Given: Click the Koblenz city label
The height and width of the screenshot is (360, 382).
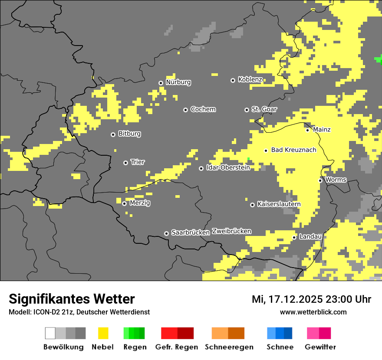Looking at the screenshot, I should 250,80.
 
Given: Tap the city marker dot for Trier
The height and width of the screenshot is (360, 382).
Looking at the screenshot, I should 126,163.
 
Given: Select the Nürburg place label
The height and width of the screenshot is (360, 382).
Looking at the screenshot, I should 178,82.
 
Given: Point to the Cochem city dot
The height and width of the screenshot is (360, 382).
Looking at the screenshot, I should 185,110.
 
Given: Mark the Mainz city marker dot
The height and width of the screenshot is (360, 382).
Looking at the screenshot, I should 307,130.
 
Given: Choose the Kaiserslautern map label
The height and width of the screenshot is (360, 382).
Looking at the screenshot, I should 279,204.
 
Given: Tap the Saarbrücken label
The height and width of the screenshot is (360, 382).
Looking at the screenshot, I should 191,233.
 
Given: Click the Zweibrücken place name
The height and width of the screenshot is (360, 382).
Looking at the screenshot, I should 231,232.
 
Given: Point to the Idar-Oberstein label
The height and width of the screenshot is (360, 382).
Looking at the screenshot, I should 228,168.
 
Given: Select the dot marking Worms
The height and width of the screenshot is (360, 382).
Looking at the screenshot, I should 320,180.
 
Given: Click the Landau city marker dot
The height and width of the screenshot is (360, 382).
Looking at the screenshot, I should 294,237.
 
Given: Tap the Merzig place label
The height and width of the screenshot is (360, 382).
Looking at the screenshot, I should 140,203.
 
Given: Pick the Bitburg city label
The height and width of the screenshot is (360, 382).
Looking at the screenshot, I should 129,134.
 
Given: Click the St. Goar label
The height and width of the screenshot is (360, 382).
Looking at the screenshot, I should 264,109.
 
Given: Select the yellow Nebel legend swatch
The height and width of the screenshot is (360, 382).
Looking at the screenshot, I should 103,333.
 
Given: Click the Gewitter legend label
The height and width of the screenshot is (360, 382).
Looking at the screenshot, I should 320,347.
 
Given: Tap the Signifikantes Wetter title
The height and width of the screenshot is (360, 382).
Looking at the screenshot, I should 72,299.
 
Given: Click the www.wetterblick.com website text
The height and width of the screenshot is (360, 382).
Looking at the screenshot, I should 313,312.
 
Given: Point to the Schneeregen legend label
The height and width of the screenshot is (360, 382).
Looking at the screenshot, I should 229,347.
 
